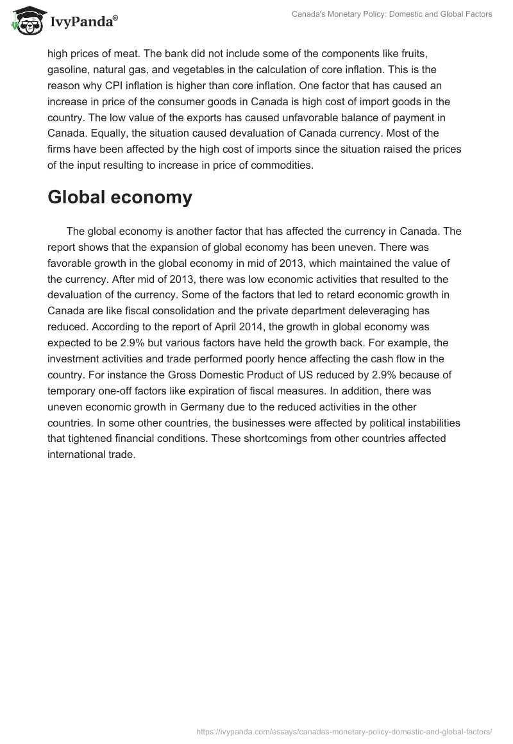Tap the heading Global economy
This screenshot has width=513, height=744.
(120, 198)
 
